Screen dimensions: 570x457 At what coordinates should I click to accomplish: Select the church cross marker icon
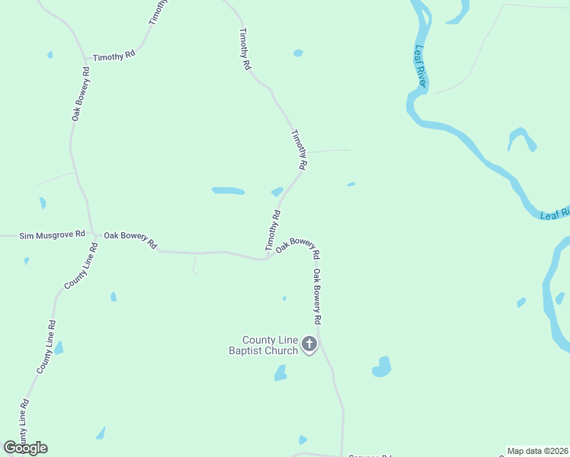point(309,344)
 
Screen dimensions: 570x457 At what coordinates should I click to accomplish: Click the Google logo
point(25,448)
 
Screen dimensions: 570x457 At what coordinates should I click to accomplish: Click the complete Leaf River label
point(421,66)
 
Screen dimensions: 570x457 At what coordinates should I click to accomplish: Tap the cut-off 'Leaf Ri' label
point(554,214)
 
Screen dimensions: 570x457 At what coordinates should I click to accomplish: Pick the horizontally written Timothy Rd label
point(114,57)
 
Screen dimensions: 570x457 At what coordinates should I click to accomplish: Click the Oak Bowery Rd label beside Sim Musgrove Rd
point(130,240)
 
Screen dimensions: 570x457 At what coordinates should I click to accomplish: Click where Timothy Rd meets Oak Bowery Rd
point(268,258)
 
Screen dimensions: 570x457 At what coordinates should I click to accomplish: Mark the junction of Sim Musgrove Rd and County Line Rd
point(92,235)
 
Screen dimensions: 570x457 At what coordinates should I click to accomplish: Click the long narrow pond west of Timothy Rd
point(228,190)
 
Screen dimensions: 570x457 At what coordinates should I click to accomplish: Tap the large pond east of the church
point(382,367)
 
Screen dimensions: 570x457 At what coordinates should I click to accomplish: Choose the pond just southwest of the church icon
point(280,372)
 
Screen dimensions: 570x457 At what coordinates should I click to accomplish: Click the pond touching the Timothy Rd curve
point(277,192)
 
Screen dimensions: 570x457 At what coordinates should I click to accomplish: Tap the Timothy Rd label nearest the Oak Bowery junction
point(274,231)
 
